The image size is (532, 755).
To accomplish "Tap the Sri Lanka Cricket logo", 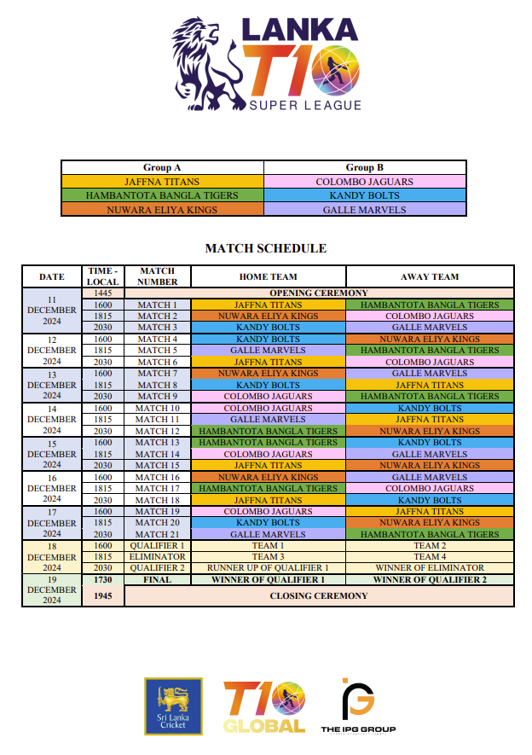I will coord(173,706).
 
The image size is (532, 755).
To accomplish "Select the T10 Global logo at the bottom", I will coord(263,707).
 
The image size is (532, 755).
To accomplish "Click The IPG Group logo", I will coord(358,707).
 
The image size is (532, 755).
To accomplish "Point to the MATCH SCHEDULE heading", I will coord(266,248).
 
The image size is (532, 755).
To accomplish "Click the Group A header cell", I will coord(162,168).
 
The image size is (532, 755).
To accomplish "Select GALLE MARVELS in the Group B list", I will coord(364,209).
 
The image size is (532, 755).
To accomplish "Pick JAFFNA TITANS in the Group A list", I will coord(162,182).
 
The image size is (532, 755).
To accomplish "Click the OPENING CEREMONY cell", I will coord(319,293).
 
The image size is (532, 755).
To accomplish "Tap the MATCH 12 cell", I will coord(158,431).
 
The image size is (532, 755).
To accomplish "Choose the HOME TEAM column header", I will coord(269,276).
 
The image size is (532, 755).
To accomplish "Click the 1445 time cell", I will coord(103,293).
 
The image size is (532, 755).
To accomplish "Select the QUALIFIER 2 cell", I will coord(158,567).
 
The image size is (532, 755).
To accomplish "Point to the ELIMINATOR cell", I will coord(158,556).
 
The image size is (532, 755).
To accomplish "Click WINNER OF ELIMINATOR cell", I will coord(430,567).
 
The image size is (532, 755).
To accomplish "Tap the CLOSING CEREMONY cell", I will coord(319,595).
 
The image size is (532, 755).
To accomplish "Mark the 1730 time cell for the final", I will coord(103,579).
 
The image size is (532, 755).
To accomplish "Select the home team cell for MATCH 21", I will coord(269,534).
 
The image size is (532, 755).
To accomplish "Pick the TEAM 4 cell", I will coord(430,556).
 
